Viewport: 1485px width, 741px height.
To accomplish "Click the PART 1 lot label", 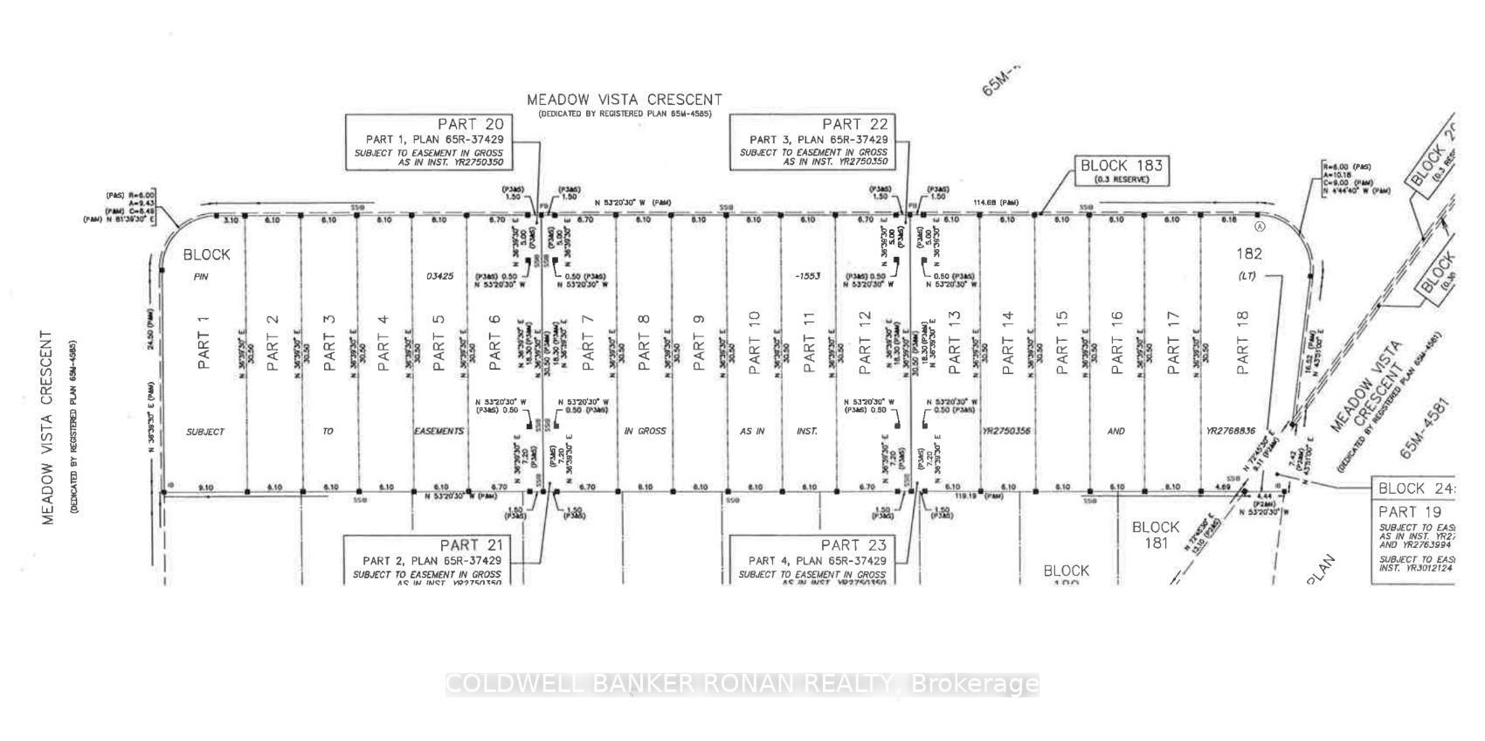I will point(204,338).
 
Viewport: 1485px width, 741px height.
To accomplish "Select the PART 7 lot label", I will point(588,338).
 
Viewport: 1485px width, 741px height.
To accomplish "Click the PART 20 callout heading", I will point(471,124).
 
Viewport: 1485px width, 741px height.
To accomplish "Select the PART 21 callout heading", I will point(471,544).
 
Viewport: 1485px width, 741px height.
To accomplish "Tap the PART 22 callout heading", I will point(854,124).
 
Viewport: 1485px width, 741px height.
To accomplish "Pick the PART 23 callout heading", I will point(853,544).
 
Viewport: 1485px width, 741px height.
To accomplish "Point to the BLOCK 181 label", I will point(1155,535).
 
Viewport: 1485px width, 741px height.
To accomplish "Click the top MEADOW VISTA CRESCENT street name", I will point(625,100).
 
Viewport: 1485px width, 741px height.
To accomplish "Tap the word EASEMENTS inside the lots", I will point(439,431).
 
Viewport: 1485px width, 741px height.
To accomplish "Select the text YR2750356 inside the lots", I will point(1006,431).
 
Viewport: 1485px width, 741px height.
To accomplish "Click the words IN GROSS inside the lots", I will point(645,431).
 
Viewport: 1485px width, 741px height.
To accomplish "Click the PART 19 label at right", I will point(1410,511).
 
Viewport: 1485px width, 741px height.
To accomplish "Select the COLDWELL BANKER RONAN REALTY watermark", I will point(742,684).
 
